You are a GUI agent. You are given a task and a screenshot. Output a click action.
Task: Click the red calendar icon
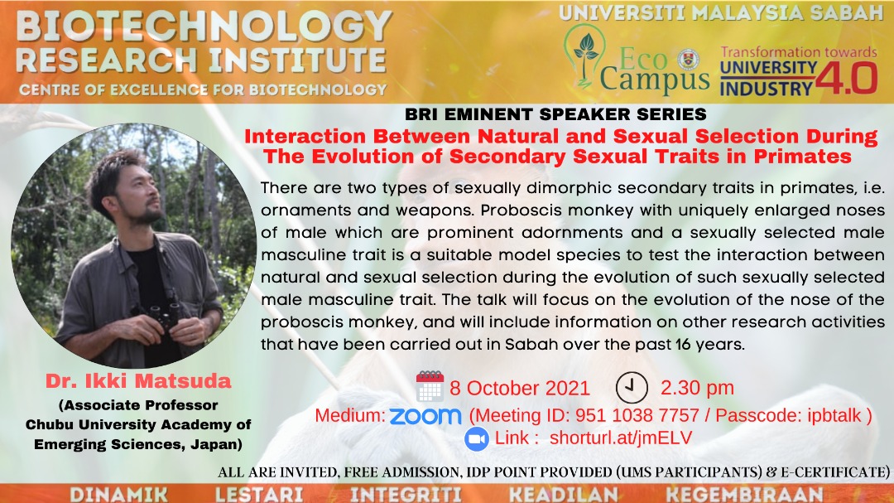(430, 386)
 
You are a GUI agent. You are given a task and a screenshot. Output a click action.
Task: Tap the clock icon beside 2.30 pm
(632, 388)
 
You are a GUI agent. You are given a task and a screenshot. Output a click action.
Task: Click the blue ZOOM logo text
(425, 416)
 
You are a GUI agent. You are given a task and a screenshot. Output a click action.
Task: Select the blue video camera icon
(477, 439)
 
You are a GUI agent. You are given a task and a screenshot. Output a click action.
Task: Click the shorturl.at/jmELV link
(621, 438)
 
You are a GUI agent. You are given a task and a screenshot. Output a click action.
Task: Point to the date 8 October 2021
(519, 389)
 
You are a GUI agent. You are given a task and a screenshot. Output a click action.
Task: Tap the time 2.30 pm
(697, 388)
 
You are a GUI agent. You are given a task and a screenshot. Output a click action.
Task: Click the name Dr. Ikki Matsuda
(138, 381)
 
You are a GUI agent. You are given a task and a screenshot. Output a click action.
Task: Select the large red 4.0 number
(847, 78)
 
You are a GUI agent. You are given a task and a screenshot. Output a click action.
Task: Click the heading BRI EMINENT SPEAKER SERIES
(556, 114)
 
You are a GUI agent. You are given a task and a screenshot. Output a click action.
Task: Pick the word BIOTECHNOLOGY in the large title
(204, 27)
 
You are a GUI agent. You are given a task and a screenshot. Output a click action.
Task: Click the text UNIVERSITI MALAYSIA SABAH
(721, 13)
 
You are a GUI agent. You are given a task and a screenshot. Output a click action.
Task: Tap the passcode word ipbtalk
(834, 416)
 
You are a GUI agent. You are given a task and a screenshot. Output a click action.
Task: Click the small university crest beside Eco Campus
(688, 60)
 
